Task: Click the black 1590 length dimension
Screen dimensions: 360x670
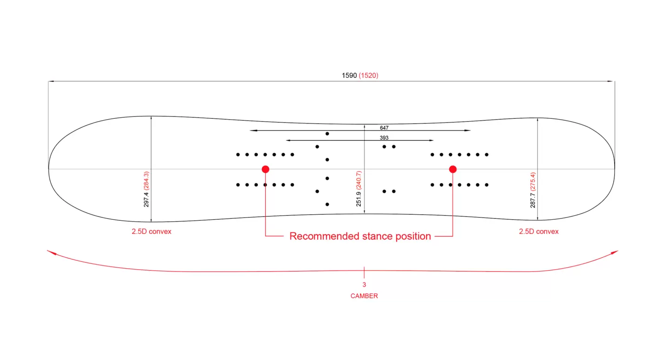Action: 349,75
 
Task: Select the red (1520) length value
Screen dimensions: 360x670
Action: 369,75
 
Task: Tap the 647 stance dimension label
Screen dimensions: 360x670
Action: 384,128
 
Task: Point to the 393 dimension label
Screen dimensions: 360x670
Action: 384,138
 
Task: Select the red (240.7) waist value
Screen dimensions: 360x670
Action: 359,180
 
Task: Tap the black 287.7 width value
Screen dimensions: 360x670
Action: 533,198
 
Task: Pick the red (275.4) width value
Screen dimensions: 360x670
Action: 533,181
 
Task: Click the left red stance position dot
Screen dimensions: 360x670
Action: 265,169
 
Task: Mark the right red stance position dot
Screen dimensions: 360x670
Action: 453,169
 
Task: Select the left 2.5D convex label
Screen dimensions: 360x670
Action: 151,231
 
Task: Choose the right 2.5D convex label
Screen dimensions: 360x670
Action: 539,231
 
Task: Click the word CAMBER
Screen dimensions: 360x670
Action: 364,296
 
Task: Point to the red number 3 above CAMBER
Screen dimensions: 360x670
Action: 364,285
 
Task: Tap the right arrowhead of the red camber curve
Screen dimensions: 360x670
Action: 615,252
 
